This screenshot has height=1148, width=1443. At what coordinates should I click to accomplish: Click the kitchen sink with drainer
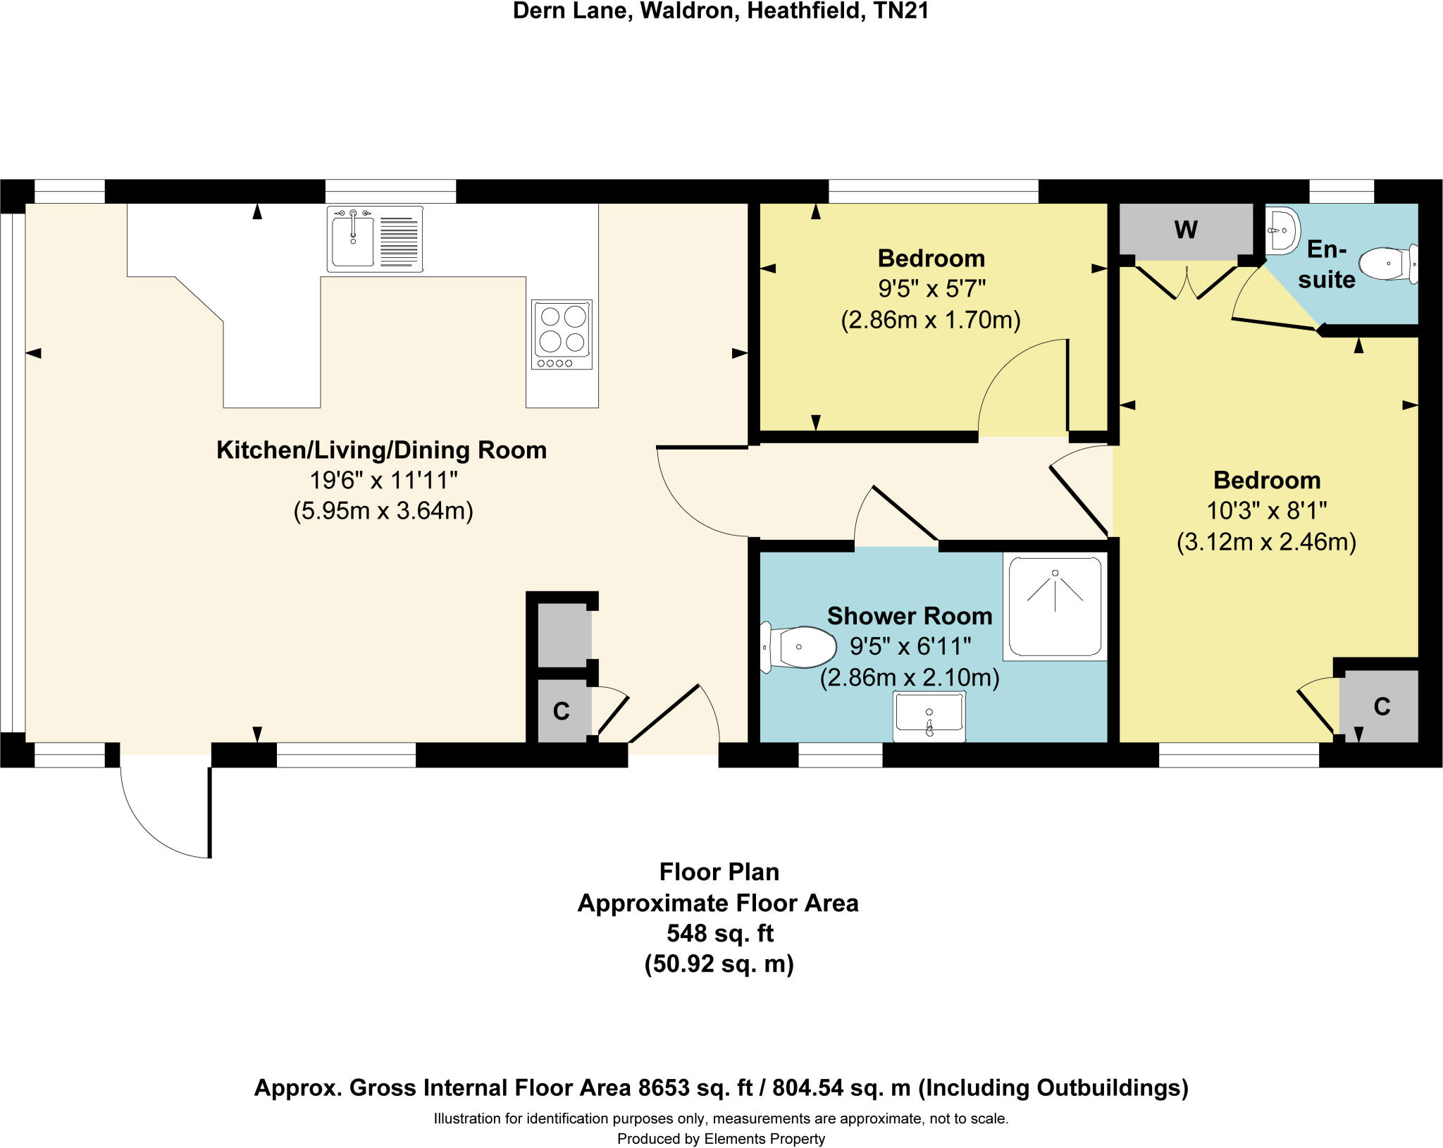(x=375, y=239)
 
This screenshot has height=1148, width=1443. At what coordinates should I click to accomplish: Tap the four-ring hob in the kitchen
(x=562, y=334)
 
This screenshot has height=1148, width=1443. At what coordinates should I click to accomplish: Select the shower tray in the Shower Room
(x=1055, y=607)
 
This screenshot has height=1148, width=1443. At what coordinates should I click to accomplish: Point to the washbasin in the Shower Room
(x=929, y=716)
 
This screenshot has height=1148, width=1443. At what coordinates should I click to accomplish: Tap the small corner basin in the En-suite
(x=1281, y=230)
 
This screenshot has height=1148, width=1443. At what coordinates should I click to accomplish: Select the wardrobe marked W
(x=1186, y=230)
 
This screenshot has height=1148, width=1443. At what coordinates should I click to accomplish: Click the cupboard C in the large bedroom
(x=1381, y=706)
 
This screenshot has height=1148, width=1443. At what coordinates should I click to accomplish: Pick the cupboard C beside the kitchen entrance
(x=562, y=711)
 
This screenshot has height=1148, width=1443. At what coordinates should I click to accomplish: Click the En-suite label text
(x=1327, y=264)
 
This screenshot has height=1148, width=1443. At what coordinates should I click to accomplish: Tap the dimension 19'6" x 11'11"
(x=383, y=481)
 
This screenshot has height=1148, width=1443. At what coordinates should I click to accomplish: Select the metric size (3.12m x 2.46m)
(x=1266, y=542)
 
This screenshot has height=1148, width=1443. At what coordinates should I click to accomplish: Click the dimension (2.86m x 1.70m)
(x=930, y=320)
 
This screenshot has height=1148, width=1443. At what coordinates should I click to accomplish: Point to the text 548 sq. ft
(x=719, y=933)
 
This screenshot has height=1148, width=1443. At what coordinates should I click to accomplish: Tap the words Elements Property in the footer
(x=764, y=1139)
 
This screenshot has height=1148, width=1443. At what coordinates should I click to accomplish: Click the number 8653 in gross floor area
(x=661, y=1087)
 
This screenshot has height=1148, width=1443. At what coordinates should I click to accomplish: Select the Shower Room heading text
(x=909, y=616)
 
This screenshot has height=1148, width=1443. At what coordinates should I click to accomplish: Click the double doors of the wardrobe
(x=1187, y=283)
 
